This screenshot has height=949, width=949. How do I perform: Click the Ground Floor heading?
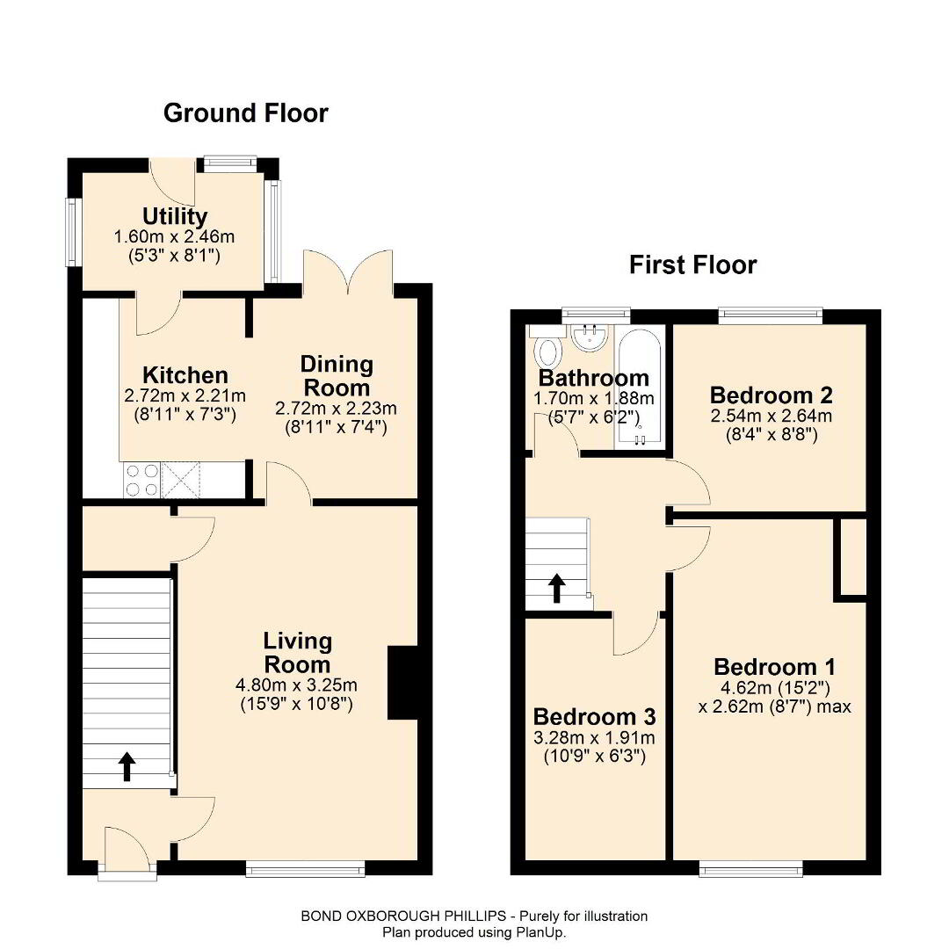point(246,113)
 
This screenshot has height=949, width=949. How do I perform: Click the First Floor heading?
point(693,265)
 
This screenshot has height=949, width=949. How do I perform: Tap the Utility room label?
point(175,216)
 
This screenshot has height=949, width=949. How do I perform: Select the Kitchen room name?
point(185,375)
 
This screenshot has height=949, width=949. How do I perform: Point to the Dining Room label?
point(337,376)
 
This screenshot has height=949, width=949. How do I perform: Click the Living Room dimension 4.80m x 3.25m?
point(297,685)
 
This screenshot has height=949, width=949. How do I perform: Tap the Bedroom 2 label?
point(772,395)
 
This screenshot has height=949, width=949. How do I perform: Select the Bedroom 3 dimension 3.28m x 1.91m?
point(594,738)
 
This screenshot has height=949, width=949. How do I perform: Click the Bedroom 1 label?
point(775,667)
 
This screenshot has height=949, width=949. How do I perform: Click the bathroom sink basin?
point(590,337)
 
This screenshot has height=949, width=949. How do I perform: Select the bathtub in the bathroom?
point(640,388)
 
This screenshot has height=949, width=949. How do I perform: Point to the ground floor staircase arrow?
point(127,767)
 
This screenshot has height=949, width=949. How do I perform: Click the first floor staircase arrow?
point(557,589)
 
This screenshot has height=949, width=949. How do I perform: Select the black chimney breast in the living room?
point(402,683)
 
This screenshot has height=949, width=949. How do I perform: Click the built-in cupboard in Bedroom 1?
point(851,557)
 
